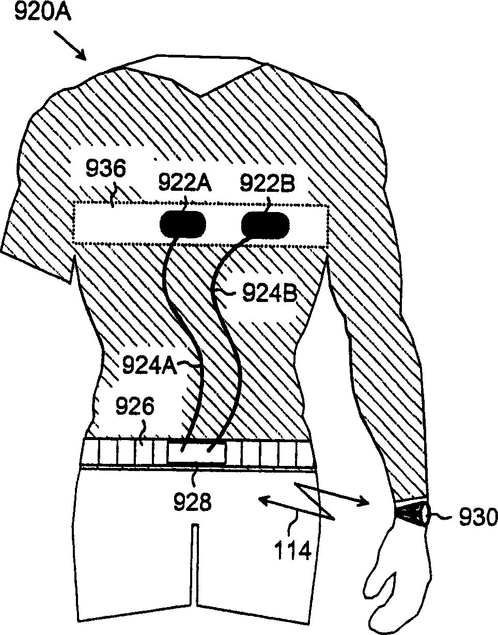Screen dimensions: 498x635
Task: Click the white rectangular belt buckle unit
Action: pos(197,452)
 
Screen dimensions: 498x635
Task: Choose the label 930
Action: pos(470,516)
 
